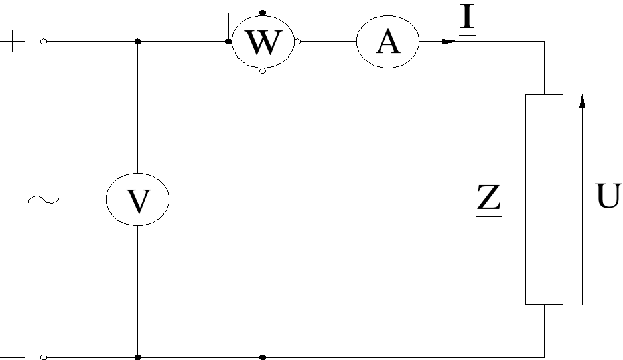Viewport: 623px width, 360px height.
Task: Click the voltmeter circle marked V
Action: pos(138,199)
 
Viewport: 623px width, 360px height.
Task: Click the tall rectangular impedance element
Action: pos(544,199)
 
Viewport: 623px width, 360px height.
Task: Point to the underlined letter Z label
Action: pos(489,200)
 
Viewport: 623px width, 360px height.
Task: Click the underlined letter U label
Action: pos(608,198)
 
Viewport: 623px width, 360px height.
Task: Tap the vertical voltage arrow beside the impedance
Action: pos(582,199)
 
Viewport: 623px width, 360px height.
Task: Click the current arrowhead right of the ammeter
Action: pos(449,41)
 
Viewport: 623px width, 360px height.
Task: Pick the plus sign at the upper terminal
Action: pos(15,42)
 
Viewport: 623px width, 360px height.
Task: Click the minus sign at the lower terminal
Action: pos(15,357)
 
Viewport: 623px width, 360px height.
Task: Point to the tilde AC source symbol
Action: pos(44,199)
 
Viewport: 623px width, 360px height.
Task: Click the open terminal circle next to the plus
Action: pos(44,42)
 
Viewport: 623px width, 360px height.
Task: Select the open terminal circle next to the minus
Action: pos(44,357)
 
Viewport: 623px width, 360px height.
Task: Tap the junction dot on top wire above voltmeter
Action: pos(138,42)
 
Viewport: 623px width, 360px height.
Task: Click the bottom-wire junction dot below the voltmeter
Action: pos(138,357)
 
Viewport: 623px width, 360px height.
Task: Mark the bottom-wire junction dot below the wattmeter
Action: pos(263,357)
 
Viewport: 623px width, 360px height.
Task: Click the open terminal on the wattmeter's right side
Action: pos(297,42)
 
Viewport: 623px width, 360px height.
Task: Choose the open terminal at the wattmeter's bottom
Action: pos(263,70)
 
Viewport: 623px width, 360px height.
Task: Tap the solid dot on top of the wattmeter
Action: pos(263,12)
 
